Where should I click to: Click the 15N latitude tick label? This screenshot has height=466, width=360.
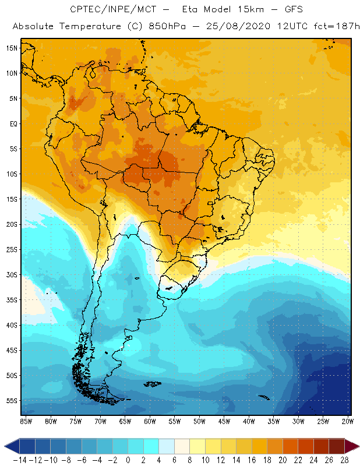point(12,48)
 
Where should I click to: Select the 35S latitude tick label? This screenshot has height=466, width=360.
point(12,299)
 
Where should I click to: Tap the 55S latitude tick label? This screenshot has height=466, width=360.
point(12,400)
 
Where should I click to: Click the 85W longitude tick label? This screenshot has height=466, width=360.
point(26,420)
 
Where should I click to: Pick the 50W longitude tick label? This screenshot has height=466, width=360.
point(199,420)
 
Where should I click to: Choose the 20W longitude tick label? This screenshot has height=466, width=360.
point(348,420)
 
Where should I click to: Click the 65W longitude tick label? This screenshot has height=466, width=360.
point(125,420)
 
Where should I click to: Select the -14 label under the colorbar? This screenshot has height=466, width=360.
point(20,460)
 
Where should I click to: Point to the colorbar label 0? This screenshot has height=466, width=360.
point(128,460)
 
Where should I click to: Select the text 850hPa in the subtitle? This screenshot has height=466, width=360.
point(167,27)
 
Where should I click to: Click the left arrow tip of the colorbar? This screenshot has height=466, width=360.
point(6,446)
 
